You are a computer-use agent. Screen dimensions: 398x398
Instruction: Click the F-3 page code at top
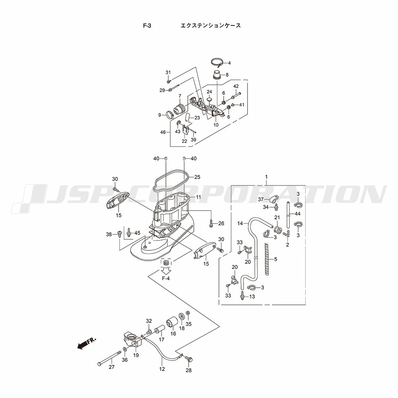147,25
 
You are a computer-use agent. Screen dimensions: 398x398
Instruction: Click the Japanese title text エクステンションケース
211,25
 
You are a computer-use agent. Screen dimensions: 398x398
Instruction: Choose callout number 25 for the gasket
197,177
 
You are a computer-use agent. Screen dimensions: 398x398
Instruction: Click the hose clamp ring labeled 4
217,62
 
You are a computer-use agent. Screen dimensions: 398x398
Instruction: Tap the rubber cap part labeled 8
217,74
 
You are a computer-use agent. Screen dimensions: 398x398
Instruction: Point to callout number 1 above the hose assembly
266,177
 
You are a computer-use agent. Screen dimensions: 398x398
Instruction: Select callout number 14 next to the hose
240,224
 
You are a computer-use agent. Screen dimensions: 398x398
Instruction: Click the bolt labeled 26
211,222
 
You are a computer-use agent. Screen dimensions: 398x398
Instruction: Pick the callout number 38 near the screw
109,234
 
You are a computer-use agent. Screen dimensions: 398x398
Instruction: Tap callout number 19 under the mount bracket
136,355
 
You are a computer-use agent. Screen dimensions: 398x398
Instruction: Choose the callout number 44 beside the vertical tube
298,214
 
